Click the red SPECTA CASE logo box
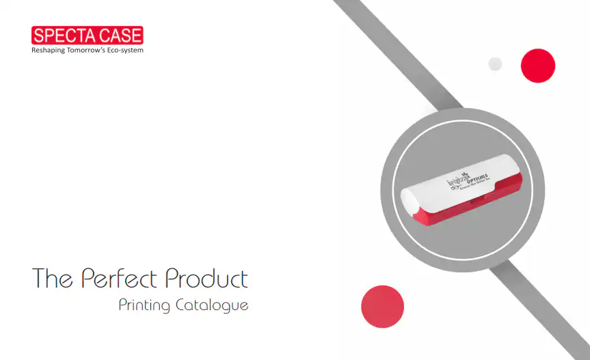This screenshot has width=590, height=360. [x=88, y=35]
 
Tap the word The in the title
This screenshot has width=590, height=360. [x=53, y=279]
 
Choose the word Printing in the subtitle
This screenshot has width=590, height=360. [x=144, y=305]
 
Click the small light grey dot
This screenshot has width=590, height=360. [x=496, y=64]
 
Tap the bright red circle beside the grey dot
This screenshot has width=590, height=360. [x=538, y=66]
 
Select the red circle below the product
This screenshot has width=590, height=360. [x=383, y=307]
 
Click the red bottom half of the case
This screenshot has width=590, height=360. [x=479, y=208]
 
